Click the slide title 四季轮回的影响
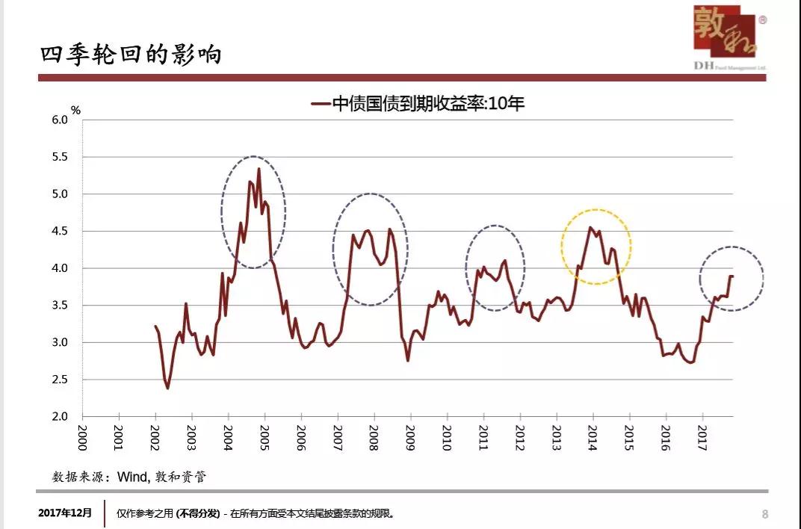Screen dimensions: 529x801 point(131,55)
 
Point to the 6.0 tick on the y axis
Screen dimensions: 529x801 point(59,120)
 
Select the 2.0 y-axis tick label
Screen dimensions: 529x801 point(59,416)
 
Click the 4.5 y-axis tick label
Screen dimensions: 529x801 point(59,231)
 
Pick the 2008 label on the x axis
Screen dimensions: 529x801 point(374,439)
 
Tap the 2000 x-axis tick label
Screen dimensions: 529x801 point(82,439)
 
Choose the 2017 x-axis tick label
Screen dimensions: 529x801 point(702,439)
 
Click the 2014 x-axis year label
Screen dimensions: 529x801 point(593,439)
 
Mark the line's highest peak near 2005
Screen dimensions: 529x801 point(259,170)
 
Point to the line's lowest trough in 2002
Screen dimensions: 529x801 point(167,388)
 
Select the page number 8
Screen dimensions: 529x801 point(764,513)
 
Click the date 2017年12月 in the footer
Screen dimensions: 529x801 point(66,513)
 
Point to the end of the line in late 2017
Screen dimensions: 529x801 point(732,276)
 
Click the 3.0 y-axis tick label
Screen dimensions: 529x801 point(59,342)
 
